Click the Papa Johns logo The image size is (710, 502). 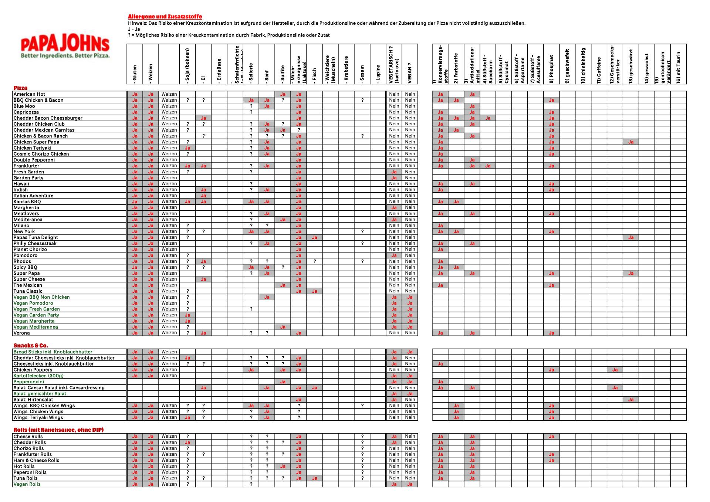pos(65,47)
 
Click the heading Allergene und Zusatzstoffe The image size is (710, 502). pos(165,17)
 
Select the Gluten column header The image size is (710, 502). pos(135,73)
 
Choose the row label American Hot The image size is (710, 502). pos(29,94)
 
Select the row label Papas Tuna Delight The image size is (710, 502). pos(35,237)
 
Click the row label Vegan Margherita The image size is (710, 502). pos(34,321)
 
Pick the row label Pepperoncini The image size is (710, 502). pos(29,381)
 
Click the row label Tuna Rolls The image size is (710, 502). pos(26,478)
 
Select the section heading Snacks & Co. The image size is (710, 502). pos(31,346)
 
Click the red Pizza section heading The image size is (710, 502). pos(21,88)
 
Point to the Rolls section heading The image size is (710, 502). pos(58,430)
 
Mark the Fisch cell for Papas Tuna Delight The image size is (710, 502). pos(314,237)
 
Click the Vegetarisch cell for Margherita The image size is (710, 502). pos(394,207)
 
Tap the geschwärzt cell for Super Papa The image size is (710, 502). pos(630,273)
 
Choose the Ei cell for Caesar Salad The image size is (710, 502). pos(203,387)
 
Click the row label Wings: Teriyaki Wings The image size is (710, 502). pos(38,417)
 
